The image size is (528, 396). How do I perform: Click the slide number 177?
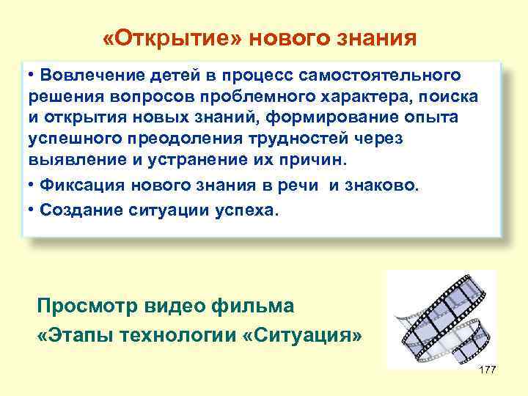(487, 369)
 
